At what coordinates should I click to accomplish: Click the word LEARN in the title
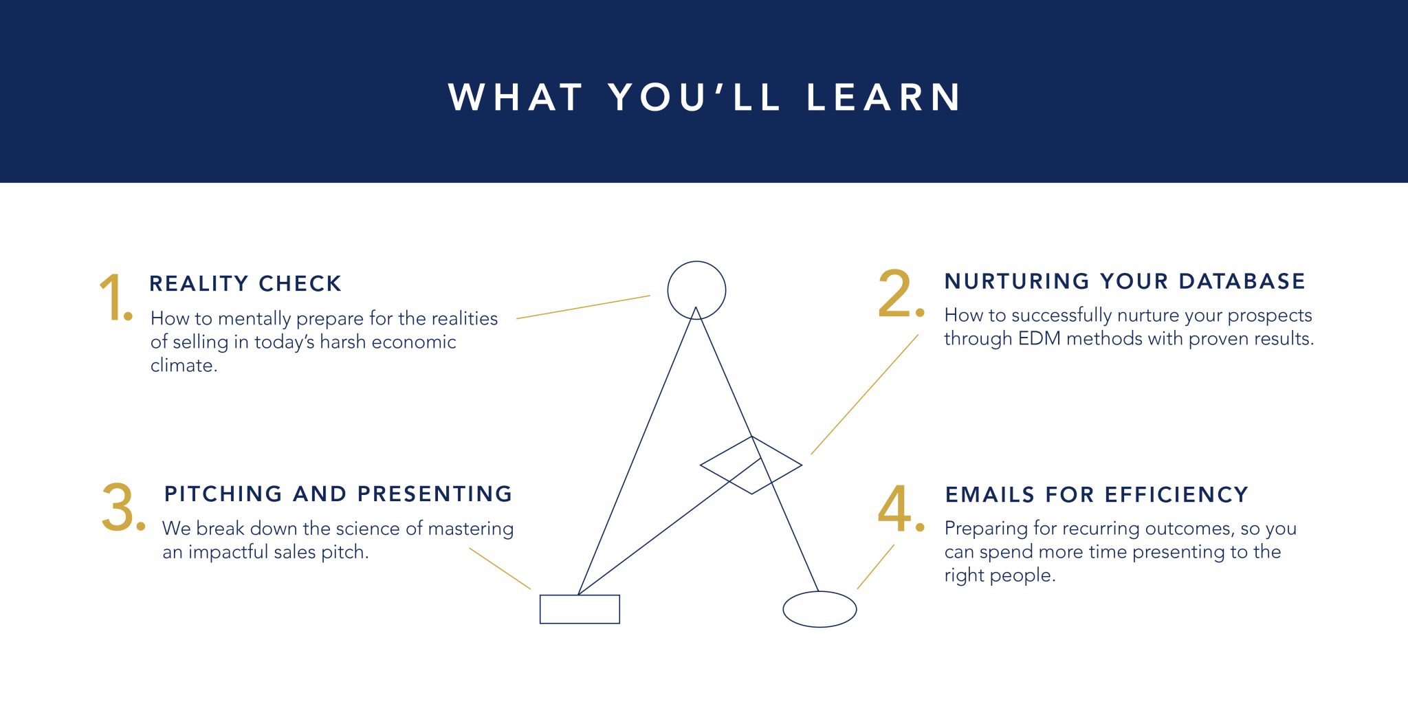883,97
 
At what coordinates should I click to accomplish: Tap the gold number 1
115,297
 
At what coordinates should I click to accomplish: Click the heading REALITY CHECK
245,283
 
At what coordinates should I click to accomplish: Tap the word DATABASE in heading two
1242,281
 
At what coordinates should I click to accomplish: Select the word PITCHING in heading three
223,494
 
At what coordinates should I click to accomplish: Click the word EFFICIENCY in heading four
1176,494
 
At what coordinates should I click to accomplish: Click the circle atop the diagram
696,261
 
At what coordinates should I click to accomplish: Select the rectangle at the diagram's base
580,595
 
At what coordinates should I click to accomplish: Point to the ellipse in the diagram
819,592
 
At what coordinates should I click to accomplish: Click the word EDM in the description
1039,338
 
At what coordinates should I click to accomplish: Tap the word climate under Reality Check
184,365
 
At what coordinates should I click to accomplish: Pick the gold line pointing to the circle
583,307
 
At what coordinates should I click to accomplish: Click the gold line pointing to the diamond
865,394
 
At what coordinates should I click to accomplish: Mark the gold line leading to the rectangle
500,569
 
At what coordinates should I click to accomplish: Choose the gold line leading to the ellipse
876,566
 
